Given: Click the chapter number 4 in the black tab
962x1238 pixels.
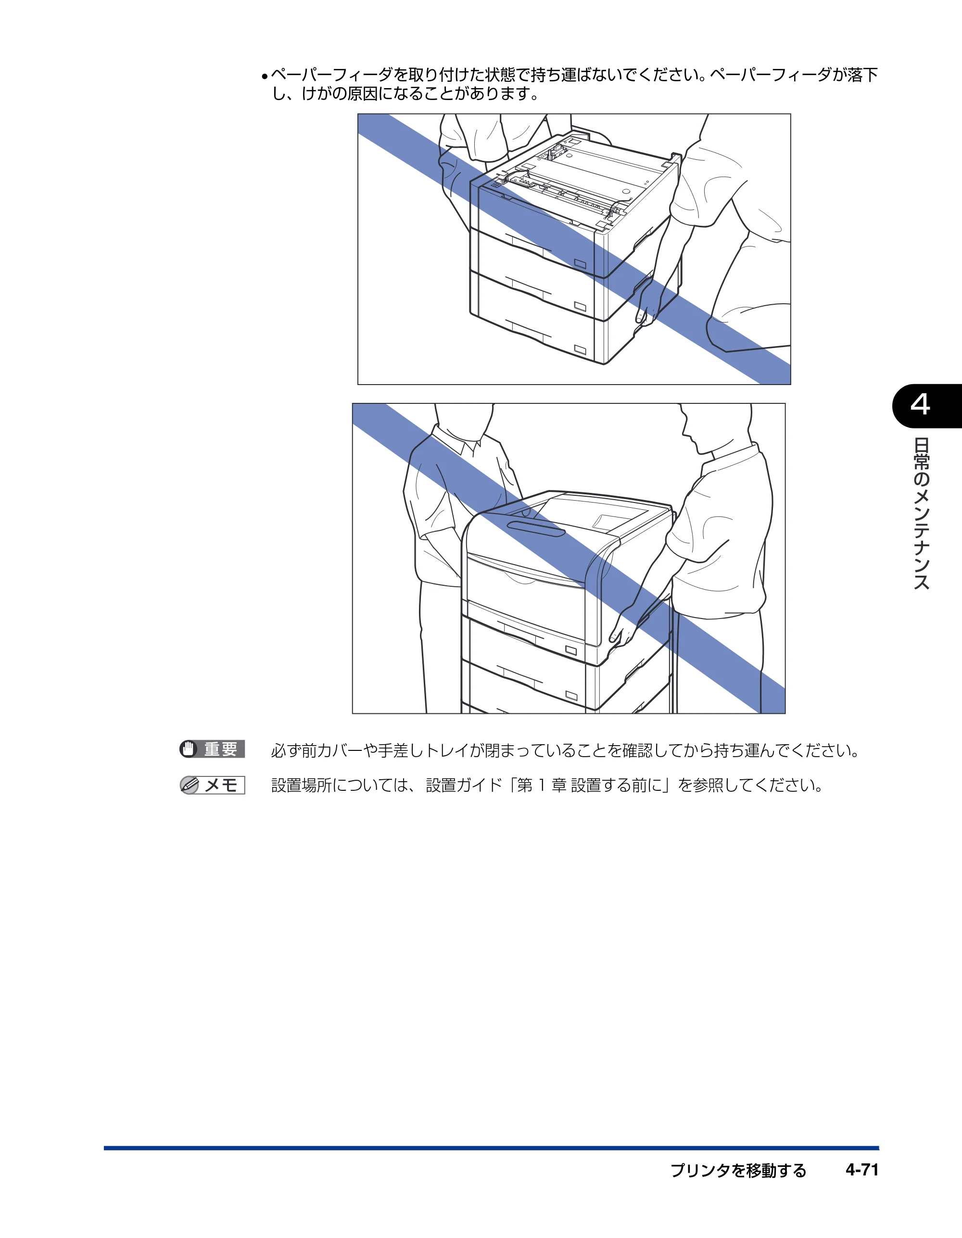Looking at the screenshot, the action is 920,405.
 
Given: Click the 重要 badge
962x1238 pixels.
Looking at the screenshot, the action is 212,749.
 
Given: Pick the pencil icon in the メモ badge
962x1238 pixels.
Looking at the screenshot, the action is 189,785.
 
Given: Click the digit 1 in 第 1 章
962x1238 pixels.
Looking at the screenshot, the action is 541,786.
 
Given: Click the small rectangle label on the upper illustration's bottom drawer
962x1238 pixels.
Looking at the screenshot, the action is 580,348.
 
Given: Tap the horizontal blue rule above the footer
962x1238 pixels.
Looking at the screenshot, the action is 491,1148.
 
